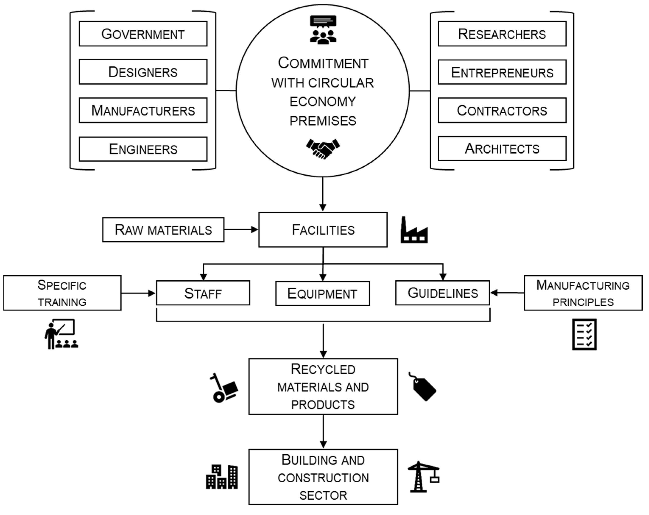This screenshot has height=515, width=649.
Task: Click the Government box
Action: (143, 34)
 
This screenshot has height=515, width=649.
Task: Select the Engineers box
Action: (143, 149)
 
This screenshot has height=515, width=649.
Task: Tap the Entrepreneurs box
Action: (502, 72)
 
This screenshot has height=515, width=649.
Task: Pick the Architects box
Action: (502, 148)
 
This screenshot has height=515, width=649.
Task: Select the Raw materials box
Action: (163, 230)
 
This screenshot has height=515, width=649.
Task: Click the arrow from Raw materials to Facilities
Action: (241, 230)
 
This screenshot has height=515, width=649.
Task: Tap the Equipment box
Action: (322, 294)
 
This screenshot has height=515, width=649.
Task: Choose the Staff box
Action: (203, 293)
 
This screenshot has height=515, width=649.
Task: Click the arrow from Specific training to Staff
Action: (138, 293)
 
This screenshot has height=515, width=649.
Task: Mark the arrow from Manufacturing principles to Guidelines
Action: (507, 292)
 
